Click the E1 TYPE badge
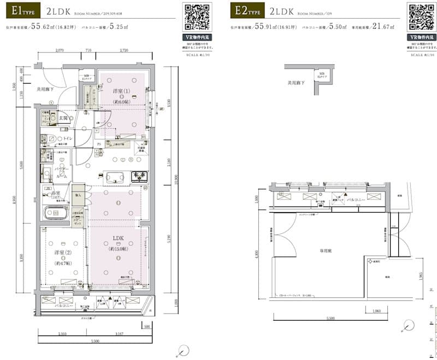pos(20,10)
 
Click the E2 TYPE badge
pos(246,10)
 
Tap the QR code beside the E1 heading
pos(197,17)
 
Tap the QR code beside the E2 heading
pos(421,17)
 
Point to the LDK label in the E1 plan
pos(119,238)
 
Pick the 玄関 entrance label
pos(64,117)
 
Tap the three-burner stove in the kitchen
pos(138,176)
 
